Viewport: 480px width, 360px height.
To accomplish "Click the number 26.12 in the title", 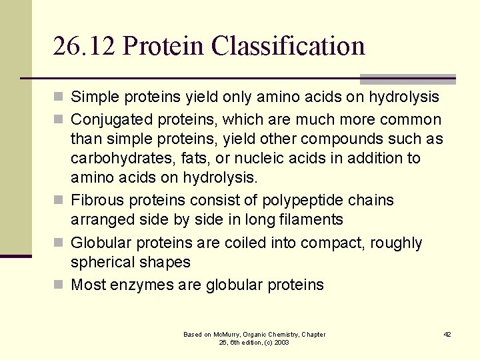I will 84,46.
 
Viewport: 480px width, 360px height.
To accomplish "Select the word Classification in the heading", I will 289,46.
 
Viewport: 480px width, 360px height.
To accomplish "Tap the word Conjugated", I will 110,120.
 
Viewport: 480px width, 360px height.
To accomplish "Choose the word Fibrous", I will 95,201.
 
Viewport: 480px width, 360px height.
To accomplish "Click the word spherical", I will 101,263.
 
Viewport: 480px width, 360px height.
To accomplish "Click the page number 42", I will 447,334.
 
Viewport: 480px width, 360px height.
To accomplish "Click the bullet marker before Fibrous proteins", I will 59,201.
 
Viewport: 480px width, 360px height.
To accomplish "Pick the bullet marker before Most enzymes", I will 59,285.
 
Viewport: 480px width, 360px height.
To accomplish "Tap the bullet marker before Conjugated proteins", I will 59,120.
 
